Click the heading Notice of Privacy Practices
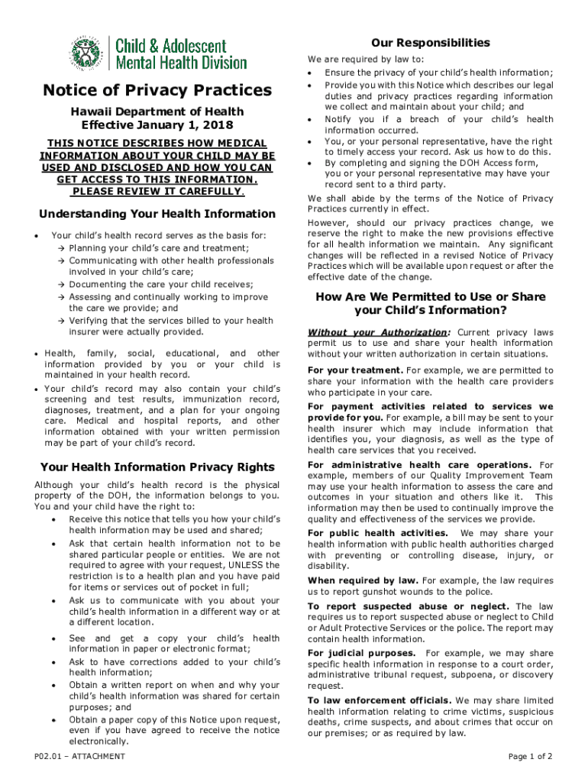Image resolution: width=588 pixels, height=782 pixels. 157,91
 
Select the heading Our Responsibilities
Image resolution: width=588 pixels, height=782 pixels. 430,43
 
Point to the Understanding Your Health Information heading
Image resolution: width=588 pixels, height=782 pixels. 157,214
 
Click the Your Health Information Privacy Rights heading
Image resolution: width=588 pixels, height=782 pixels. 157,467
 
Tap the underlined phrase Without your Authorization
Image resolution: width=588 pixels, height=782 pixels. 377,332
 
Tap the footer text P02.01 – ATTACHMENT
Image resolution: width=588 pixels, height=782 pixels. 79,756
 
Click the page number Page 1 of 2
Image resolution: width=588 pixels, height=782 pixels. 530,756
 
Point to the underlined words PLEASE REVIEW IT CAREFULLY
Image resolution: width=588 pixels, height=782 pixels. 157,191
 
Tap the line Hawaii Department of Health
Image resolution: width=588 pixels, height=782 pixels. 157,111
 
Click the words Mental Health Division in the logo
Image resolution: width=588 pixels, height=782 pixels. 181,62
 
